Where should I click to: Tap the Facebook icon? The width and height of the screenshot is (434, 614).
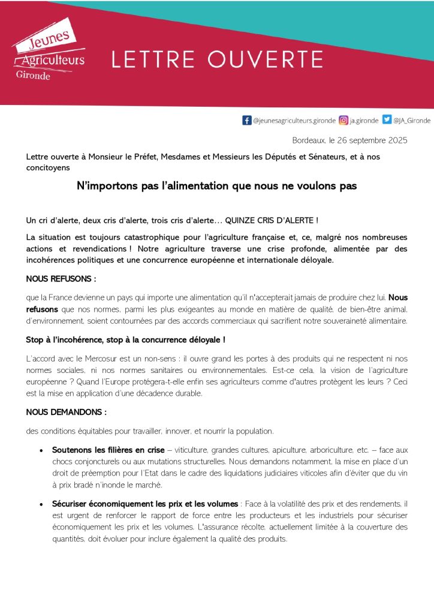click(x=246, y=120)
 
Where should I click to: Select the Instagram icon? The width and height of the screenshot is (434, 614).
click(x=343, y=120)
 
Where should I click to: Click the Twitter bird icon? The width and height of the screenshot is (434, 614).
click(x=387, y=120)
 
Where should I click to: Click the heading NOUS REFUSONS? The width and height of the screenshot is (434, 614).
click(x=61, y=279)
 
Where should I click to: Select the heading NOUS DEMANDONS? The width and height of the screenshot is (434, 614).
click(x=67, y=412)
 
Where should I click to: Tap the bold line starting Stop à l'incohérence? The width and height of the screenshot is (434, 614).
click(x=126, y=340)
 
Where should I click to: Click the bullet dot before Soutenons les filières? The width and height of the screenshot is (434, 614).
click(x=41, y=449)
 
